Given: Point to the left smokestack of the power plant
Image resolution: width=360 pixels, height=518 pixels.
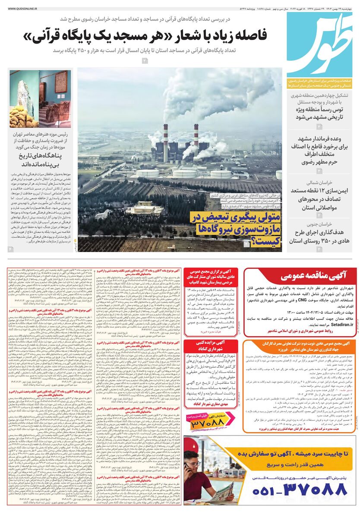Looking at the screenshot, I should [166, 142].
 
